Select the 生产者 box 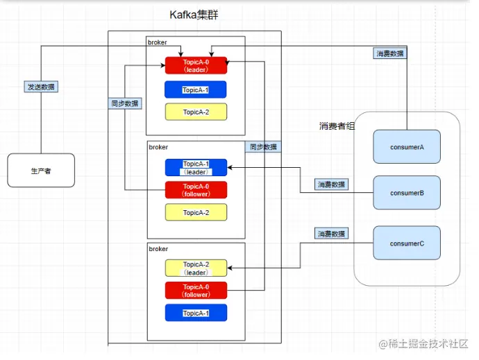(41, 170)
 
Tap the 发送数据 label (41, 87)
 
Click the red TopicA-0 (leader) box (196, 65)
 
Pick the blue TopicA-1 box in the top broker (196, 89)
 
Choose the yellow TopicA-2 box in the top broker (196, 112)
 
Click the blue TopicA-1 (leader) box (196, 167)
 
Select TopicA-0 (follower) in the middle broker (196, 190)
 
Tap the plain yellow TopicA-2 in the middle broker (196, 212)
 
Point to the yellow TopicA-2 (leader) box (196, 268)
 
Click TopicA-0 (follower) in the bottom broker (196, 291)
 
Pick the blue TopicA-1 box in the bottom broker (196, 313)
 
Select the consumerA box (407, 146)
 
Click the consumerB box (407, 192)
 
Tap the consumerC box (407, 243)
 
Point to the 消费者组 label (336, 126)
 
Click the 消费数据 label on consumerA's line (390, 53)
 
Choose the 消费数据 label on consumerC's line (332, 234)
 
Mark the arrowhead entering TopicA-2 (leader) (231, 268)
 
